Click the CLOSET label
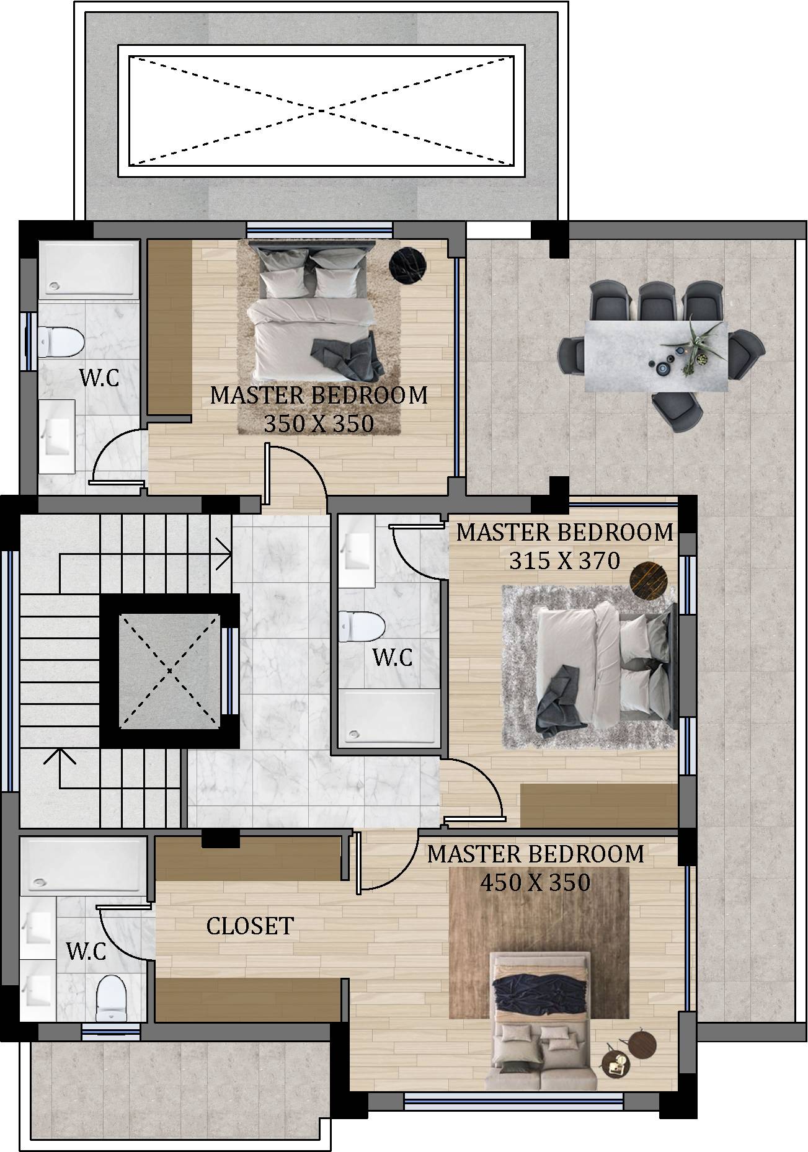coord(250,926)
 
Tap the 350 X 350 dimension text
coord(319,424)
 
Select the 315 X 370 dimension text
coord(564,560)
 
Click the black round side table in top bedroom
coord(407,267)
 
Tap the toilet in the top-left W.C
coord(61,342)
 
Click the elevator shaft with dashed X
coord(169,670)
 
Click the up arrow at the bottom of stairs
coord(60,758)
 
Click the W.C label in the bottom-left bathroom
coord(86,951)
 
